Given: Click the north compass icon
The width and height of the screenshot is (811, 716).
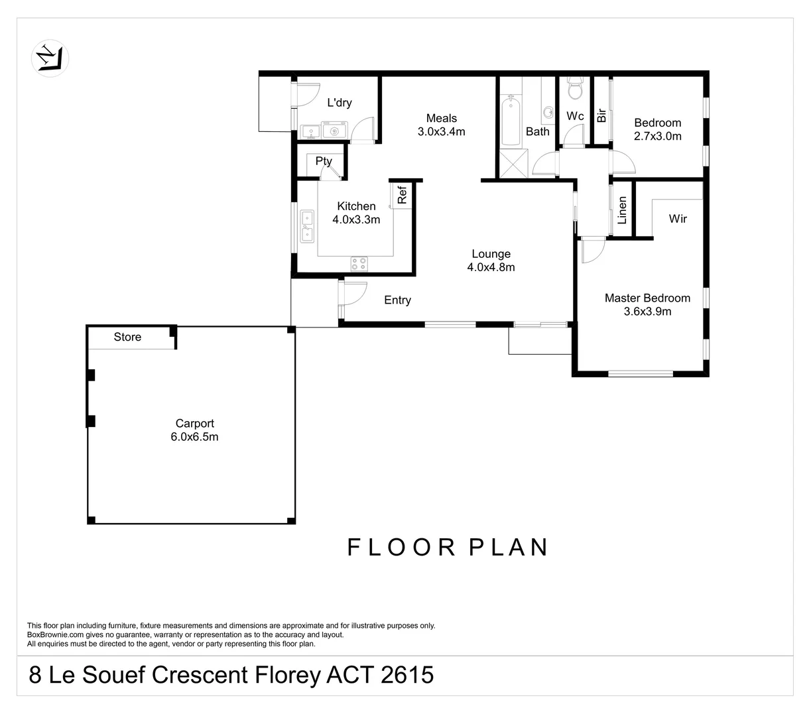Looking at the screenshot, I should coord(50,56).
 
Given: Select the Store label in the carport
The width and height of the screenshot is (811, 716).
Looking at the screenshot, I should coord(127,337).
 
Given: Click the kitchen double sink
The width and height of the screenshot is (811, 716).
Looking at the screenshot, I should coord(307,226).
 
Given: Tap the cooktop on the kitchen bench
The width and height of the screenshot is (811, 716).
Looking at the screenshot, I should coord(359,263).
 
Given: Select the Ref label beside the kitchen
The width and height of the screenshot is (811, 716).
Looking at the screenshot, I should coord(402,195).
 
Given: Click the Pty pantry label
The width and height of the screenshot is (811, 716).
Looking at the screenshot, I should coord(324,161).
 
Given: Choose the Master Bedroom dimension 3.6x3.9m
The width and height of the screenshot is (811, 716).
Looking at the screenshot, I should coord(647,311).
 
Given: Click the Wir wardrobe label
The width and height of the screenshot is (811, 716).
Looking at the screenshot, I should coord(678,218).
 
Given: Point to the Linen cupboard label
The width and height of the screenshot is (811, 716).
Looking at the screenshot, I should coord(622,209).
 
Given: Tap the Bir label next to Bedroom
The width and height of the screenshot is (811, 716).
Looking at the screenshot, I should coord(601,115).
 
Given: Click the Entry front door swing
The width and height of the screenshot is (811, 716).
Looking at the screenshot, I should coord(353,292).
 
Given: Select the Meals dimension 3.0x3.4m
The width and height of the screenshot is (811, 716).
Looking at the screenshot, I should coord(441,131).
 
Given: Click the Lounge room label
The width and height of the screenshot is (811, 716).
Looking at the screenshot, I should coord(491,254).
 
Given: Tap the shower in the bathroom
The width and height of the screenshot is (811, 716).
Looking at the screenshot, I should coord(511,163).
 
